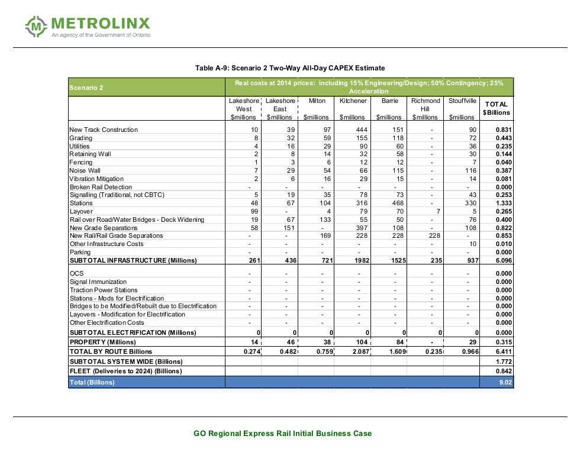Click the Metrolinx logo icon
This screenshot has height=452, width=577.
[37, 26]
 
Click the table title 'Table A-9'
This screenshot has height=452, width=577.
[290, 68]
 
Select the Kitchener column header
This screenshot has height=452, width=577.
[353, 101]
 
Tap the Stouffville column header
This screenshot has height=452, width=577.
[462, 101]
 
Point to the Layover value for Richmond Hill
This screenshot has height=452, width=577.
[437, 211]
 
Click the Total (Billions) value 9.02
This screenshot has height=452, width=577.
[504, 382]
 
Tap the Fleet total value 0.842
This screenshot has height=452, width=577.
[503, 371]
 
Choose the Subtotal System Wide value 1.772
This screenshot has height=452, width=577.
[503, 361]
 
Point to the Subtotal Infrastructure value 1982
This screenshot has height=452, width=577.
[360, 260]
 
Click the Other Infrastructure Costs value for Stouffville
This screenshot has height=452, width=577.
[472, 244]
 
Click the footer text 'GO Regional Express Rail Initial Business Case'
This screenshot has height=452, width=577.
[282, 434]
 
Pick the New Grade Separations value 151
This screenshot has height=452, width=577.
[288, 228]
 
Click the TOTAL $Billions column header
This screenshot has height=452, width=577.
[496, 108]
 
